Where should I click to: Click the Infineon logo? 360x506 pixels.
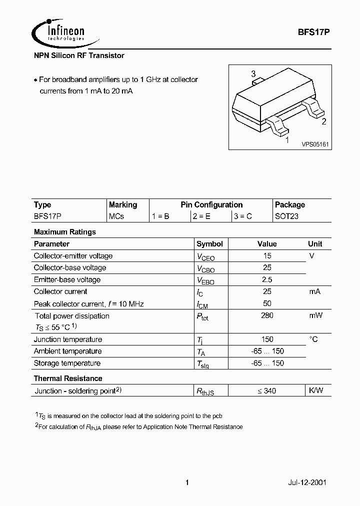[58, 32]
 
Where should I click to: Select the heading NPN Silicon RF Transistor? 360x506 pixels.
[78, 55]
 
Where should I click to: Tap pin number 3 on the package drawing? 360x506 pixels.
[253, 73]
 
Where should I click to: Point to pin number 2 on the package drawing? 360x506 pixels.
[323, 121]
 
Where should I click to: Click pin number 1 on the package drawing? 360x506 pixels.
[286, 140]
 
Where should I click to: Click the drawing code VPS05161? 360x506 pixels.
[314, 144]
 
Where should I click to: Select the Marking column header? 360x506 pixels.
[122, 204]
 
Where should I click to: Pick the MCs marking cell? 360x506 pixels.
[116, 216]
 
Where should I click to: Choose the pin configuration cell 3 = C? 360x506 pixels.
[242, 216]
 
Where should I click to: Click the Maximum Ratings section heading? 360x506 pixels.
[64, 232]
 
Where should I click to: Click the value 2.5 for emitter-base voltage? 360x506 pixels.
[267, 279]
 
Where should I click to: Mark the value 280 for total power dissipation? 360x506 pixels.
[267, 315]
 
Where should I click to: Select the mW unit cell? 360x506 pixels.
[315, 315]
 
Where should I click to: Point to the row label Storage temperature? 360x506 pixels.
[67, 363]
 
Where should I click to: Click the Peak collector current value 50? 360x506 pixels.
[267, 303]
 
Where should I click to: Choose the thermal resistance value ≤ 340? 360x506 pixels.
[267, 390]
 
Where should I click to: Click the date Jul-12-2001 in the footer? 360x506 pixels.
[307, 483]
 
